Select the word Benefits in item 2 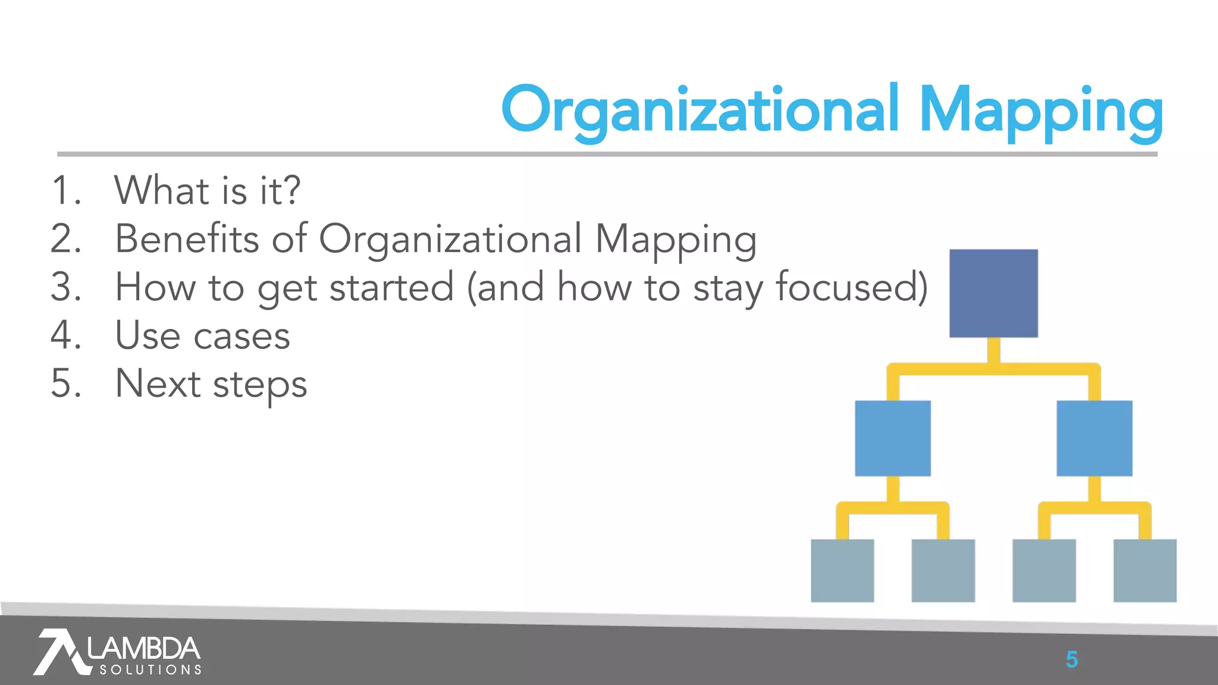point(187,239)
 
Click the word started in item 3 point(391,287)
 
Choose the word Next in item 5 point(158,384)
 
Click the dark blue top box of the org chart point(993,293)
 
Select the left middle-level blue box point(893,438)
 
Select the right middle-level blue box point(1094,438)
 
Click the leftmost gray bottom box point(842,570)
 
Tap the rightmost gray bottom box point(1145,570)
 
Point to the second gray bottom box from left point(943,570)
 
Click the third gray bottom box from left point(1044,570)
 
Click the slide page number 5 point(1072,659)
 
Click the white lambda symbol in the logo point(59,652)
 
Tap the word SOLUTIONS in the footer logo point(150,670)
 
